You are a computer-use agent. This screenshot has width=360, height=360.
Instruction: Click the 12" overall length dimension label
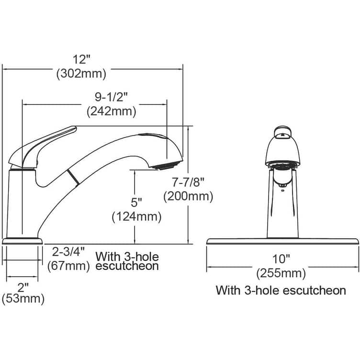[x=82, y=59]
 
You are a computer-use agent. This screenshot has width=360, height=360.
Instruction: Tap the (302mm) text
[x=81, y=74]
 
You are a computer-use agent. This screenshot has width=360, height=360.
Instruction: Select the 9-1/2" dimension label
[x=111, y=97]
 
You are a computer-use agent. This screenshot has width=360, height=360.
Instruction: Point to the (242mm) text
[x=112, y=112]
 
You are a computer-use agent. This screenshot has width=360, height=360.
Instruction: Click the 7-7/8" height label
[x=188, y=182]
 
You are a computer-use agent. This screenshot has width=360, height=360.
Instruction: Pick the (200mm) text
[x=188, y=197]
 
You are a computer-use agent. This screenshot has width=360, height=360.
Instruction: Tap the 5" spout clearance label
[x=136, y=202]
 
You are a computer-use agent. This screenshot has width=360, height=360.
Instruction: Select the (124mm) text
[x=136, y=217]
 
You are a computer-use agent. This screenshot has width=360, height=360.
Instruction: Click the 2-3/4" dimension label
[x=68, y=252]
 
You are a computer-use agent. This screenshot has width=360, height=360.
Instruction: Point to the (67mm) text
[x=68, y=266]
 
